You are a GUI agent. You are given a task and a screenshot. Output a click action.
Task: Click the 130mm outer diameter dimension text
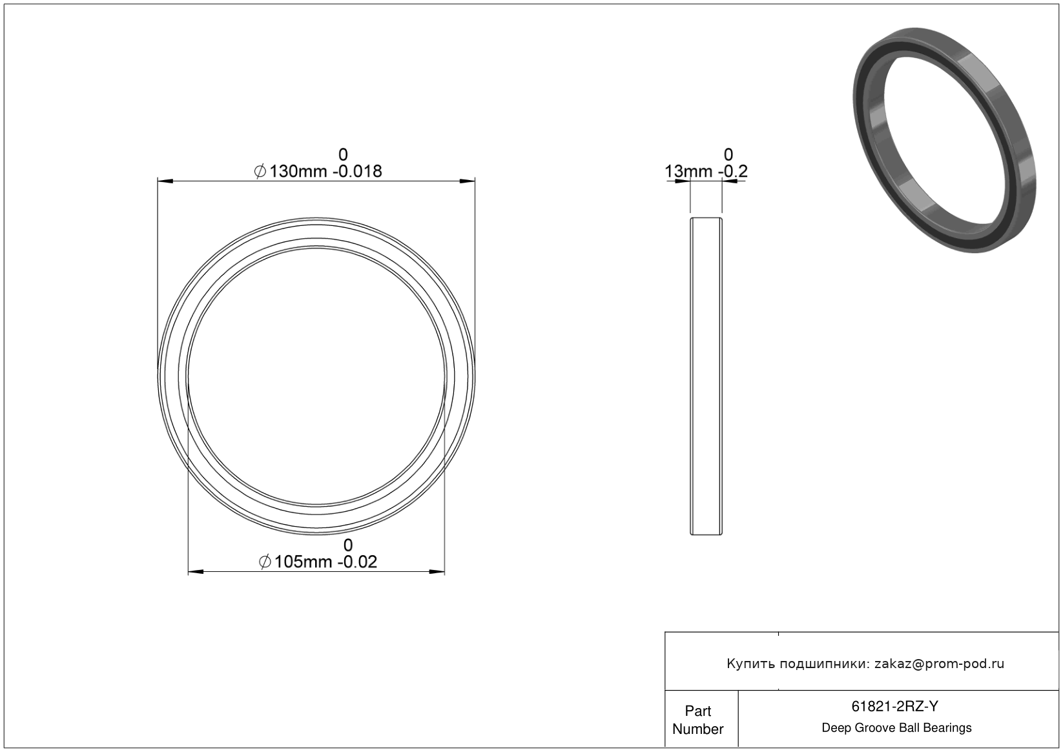(x=298, y=171)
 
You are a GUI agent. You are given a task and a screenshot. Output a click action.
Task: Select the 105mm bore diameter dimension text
(x=303, y=562)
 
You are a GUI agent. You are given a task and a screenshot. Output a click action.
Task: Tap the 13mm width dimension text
(x=688, y=171)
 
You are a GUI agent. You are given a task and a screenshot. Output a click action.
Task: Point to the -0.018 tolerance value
(x=357, y=171)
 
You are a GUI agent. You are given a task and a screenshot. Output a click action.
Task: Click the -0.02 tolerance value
(x=357, y=562)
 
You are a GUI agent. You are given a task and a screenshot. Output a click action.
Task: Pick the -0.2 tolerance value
(x=733, y=171)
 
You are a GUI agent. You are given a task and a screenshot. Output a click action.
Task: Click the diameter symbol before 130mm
(x=260, y=171)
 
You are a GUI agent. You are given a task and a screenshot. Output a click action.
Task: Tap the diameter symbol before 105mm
(x=265, y=562)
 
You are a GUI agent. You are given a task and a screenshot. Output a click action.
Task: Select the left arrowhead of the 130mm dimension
(x=165, y=181)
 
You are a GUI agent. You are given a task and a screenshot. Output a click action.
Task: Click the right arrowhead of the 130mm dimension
(x=468, y=181)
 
